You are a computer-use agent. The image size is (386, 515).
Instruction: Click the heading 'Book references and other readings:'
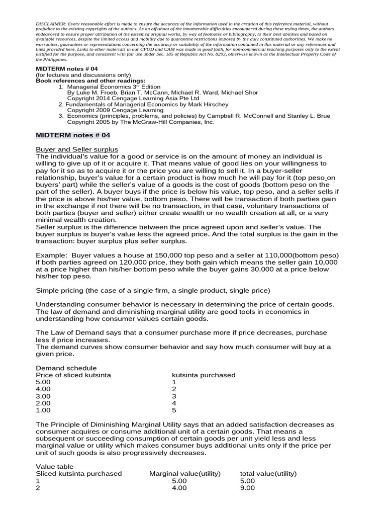click(91, 80)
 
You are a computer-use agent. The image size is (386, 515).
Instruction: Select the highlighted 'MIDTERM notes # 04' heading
click(73, 135)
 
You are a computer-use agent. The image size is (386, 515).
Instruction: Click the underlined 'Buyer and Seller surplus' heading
click(77, 149)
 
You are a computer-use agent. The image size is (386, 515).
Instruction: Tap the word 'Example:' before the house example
click(51, 255)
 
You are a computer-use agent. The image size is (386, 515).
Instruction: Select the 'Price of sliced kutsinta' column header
click(73, 375)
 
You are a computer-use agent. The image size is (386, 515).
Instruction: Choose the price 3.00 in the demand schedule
click(44, 396)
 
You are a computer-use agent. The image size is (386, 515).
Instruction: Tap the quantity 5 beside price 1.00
click(174, 410)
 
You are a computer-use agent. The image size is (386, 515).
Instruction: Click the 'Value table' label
click(55, 467)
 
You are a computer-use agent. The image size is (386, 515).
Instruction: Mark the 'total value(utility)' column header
click(268, 474)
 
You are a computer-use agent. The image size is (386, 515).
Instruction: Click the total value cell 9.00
click(247, 488)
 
